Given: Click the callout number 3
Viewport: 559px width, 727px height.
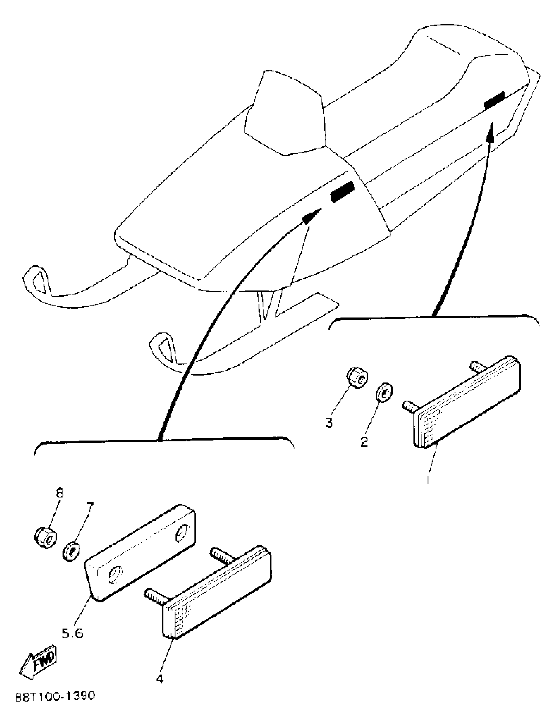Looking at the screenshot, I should (x=329, y=423).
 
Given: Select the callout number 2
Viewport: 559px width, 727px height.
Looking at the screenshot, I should (x=364, y=442).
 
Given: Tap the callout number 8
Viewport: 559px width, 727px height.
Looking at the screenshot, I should (x=60, y=493).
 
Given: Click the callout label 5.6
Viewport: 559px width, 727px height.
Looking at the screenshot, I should (x=72, y=634).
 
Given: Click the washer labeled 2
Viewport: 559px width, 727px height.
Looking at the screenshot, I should (x=384, y=393).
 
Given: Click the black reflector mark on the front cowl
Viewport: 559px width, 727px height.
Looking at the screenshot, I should (x=342, y=192).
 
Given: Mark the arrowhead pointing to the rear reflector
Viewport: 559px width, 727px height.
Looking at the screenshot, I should (x=490, y=132).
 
